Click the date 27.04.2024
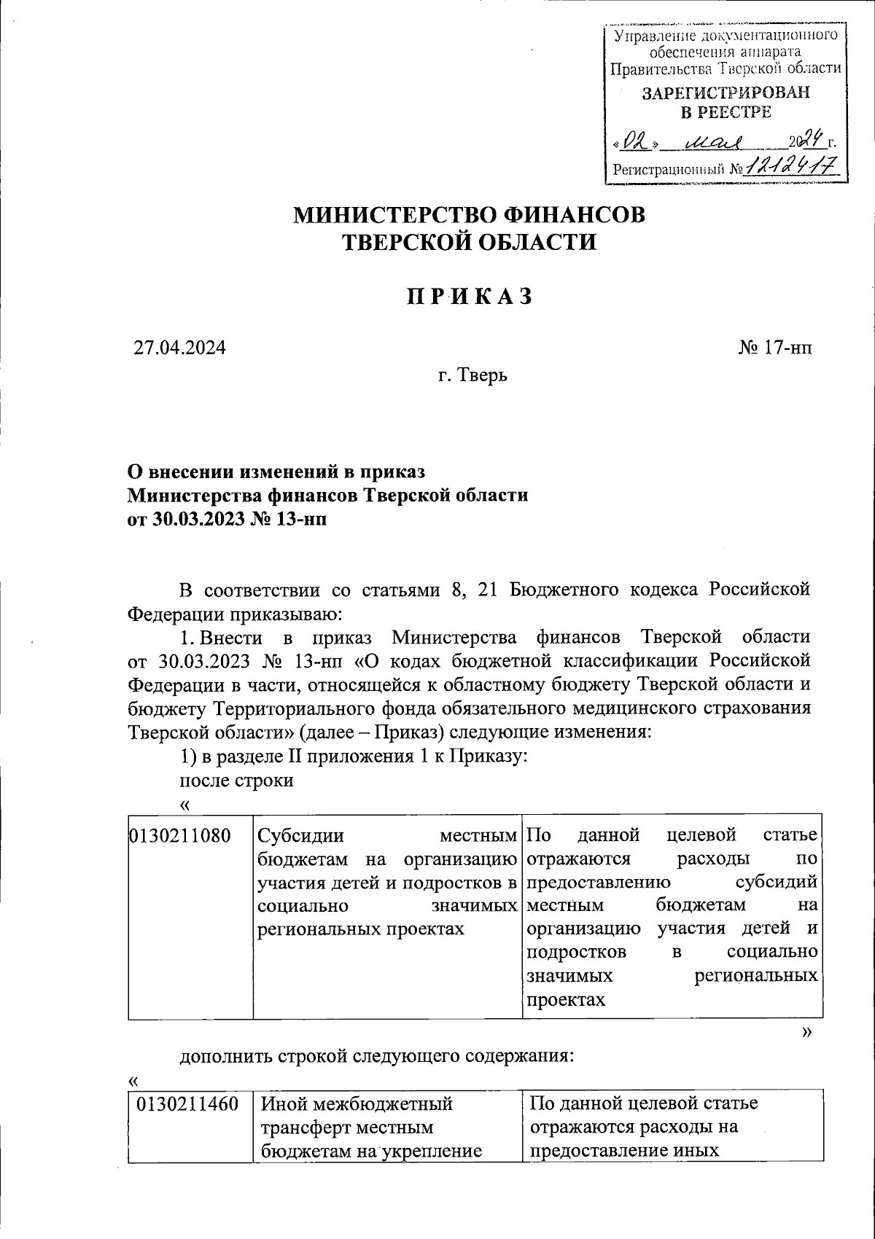pyautogui.click(x=179, y=347)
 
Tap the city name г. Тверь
pyautogui.click(x=473, y=376)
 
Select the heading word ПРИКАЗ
pyautogui.click(x=469, y=297)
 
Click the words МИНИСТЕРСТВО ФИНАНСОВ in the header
pyautogui.click(x=469, y=215)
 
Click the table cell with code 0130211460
pyautogui.click(x=188, y=1104)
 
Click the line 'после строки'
pyautogui.click(x=236, y=781)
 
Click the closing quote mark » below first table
pyautogui.click(x=806, y=1031)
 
